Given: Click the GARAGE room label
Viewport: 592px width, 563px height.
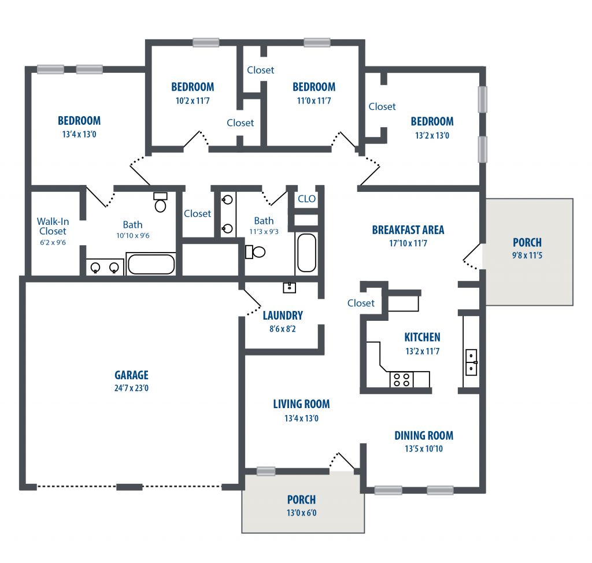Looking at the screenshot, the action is (131, 375).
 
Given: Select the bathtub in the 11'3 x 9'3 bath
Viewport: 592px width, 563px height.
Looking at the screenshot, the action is (306, 253).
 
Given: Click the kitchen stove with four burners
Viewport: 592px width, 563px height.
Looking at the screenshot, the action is (401, 380).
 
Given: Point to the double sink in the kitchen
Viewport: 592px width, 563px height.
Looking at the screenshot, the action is (471, 362).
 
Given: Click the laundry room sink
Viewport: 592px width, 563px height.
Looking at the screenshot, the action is (290, 287).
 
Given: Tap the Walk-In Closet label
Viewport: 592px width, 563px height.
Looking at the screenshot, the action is (53, 226).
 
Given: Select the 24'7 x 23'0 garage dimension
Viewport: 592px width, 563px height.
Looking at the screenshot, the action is (131, 388).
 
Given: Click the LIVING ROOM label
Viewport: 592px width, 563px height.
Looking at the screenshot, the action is (301, 404).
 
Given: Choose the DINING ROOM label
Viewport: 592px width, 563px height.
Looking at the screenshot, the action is (424, 436).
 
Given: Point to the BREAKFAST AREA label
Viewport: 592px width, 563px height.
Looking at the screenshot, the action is (408, 230).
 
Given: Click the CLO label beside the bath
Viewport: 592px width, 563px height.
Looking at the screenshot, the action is (306, 199).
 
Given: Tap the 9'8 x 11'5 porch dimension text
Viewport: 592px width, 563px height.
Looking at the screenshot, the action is (527, 255).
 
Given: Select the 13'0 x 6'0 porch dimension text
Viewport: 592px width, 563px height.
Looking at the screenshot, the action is (301, 513).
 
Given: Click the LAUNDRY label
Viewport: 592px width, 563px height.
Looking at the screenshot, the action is (283, 315).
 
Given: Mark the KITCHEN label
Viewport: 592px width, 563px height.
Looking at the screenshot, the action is (422, 337).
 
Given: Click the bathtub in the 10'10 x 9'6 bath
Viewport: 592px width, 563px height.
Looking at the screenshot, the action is (151, 264).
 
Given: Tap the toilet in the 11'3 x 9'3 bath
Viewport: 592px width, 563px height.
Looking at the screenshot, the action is (256, 252).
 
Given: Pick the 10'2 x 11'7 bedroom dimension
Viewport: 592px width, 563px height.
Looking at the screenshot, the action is (193, 101).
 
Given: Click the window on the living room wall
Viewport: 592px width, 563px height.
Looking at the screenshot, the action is (266, 471).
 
